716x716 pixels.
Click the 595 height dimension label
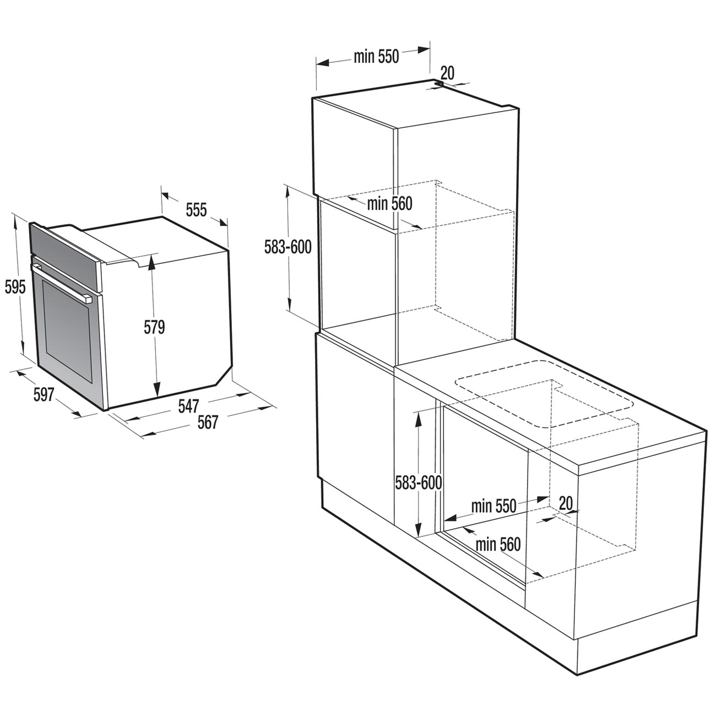[x=15, y=288]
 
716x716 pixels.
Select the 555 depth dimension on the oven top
[x=196, y=210]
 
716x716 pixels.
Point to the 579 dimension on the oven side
[x=154, y=327]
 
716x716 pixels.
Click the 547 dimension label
[x=189, y=406]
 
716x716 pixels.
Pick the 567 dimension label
[x=207, y=423]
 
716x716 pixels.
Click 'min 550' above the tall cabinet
[x=376, y=57]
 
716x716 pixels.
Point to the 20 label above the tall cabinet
[x=447, y=73]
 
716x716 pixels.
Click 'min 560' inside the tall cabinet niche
[x=390, y=204]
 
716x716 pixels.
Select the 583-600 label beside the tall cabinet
[x=288, y=247]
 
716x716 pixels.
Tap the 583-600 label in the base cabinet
[x=419, y=483]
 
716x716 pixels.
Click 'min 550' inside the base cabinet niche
[x=494, y=506]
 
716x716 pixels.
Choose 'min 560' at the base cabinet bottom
[x=498, y=544]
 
